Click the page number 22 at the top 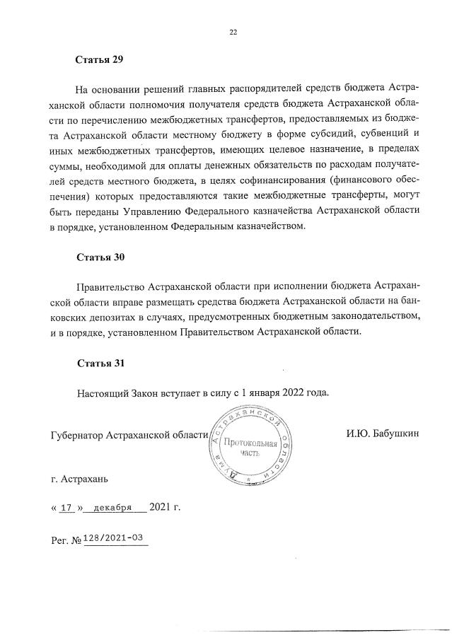[233, 31]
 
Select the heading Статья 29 [100, 59]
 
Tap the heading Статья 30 [100, 257]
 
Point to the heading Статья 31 [100, 363]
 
